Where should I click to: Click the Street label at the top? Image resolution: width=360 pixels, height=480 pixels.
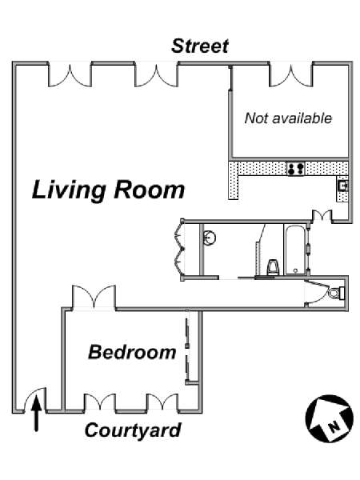[200, 46]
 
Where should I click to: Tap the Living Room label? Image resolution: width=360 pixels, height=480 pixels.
[108, 190]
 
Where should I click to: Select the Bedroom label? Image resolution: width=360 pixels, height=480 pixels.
[132, 352]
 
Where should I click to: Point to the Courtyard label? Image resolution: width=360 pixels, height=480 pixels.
[133, 430]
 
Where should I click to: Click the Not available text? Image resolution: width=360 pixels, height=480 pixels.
[288, 118]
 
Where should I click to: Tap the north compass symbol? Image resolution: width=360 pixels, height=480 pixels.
[330, 418]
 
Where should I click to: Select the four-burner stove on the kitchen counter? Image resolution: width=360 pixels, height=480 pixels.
[296, 169]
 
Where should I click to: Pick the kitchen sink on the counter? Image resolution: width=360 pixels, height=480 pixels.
[342, 186]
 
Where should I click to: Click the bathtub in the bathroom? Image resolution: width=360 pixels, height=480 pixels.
[295, 250]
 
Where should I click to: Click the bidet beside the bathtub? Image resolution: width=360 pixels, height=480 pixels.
[273, 267]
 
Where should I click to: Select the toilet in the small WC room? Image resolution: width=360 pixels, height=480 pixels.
[337, 293]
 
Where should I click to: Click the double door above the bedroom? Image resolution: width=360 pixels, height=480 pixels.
[94, 297]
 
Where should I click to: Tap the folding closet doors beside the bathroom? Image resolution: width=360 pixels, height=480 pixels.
[179, 249]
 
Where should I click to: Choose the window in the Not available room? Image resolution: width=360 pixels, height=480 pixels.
[291, 75]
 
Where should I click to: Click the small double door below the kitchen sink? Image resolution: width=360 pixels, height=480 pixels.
[322, 215]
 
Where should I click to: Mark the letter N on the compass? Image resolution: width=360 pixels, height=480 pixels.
[334, 426]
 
